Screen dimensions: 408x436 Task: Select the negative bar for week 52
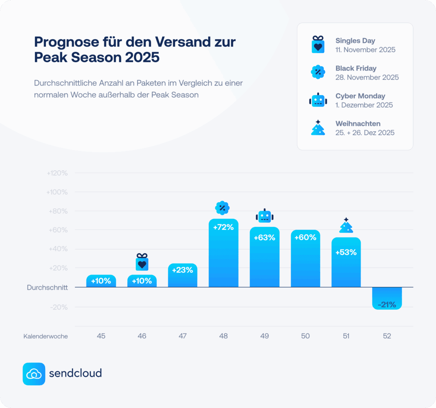pos(387,297)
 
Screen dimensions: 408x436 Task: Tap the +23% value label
pos(183,269)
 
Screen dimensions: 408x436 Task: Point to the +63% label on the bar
pos(264,238)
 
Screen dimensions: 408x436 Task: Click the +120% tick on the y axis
pos(57,173)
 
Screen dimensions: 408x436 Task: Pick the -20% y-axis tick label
pos(59,307)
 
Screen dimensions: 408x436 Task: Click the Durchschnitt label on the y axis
pos(47,288)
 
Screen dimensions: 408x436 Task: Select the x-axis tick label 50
pos(305,336)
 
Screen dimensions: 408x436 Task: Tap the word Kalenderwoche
pos(46,336)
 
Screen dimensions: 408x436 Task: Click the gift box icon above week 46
pos(142,262)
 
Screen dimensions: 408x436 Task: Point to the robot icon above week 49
pos(264,216)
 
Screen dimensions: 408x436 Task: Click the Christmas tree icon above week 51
pos(346,226)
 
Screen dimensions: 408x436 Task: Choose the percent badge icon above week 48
pos(222,208)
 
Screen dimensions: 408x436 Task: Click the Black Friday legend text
pos(356,68)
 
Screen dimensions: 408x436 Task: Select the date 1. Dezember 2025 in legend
pos(364,105)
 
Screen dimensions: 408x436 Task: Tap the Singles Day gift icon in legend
pos(318,45)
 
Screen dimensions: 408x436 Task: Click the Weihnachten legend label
pos(358,124)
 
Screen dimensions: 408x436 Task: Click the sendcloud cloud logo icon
pos(34,374)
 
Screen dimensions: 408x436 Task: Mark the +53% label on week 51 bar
pos(346,252)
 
